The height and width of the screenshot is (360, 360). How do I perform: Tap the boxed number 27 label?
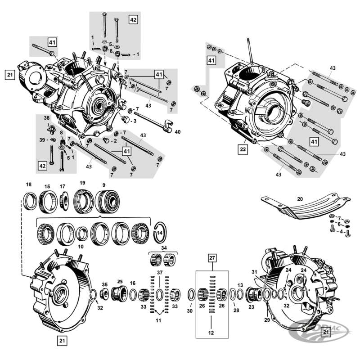click(212, 258)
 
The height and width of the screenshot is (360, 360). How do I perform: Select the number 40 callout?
click(177, 132)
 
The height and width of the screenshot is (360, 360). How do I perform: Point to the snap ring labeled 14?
click(159, 232)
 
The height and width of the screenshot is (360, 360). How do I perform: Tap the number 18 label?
click(29, 185)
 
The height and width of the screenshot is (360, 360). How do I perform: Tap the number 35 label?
click(104, 284)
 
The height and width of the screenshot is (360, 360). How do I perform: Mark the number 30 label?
click(189, 311)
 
